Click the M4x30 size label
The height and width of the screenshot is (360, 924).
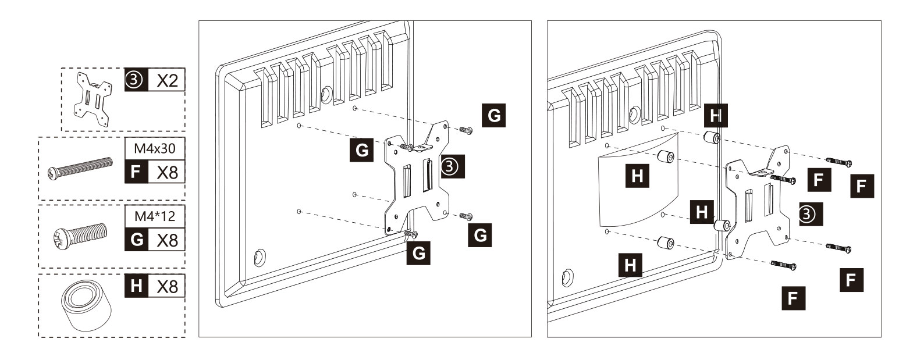[x=155, y=148]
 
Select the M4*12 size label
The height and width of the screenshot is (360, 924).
[x=155, y=216]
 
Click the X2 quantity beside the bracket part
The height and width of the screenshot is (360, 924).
[x=167, y=80]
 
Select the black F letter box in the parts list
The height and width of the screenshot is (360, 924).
[x=136, y=172]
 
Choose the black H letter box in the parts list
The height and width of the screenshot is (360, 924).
[x=136, y=286]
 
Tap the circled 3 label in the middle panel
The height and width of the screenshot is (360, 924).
[x=453, y=166]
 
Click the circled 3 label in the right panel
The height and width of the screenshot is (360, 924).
[x=811, y=214]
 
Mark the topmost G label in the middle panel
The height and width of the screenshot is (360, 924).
[x=494, y=116]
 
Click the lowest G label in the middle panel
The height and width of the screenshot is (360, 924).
[x=418, y=253]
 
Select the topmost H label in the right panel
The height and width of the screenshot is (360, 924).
[x=716, y=116]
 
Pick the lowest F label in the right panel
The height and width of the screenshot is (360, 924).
[x=793, y=298]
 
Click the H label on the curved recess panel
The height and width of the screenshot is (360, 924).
[x=637, y=176]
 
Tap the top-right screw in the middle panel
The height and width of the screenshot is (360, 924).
[x=465, y=130]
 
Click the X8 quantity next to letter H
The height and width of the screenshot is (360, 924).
[x=167, y=286]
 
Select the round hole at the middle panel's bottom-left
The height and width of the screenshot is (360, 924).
[x=260, y=257]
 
